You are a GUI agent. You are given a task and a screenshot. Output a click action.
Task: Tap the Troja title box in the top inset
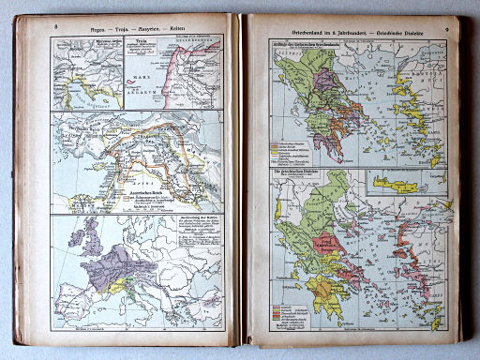(142, 44)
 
